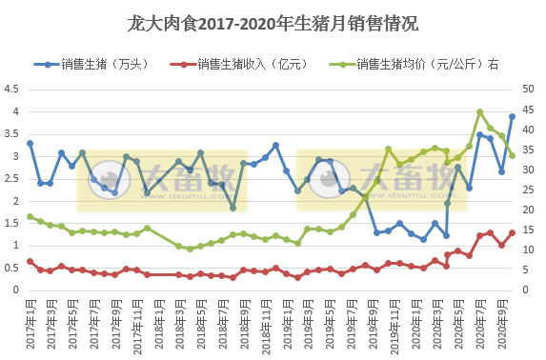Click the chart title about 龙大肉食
[273, 22]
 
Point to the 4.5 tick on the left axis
[11, 89]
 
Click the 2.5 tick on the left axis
[11, 178]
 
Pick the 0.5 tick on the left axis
[11, 268]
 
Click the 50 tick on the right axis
[530, 89]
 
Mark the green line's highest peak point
[479, 112]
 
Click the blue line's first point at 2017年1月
[30, 143]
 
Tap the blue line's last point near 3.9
[512, 116]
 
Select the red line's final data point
[512, 232]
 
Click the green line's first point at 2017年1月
[30, 216]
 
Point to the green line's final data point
[512, 155]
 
